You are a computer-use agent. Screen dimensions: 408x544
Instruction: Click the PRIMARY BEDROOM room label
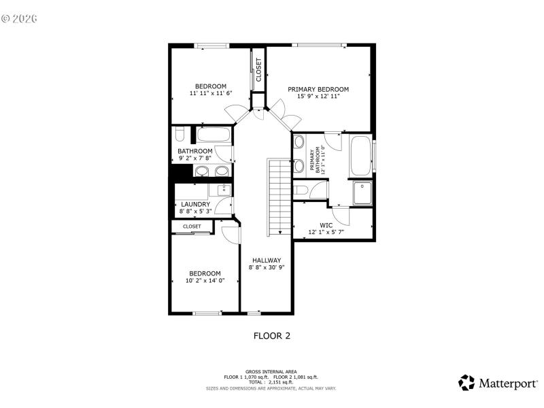318,89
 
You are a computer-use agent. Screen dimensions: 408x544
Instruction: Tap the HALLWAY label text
267,260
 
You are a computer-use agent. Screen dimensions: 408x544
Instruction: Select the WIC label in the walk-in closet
326,224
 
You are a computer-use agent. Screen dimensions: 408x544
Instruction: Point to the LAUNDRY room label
195,204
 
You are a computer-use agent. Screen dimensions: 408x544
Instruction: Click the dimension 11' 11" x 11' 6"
211,93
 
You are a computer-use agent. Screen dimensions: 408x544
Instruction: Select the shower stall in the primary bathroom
362,192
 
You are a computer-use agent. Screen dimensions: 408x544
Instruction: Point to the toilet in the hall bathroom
178,132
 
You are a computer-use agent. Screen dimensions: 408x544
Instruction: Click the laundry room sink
222,189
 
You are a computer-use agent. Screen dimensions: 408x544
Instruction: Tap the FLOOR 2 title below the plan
272,335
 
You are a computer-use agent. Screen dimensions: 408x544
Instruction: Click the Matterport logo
497,383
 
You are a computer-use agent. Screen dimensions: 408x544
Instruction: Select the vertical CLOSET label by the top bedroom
258,69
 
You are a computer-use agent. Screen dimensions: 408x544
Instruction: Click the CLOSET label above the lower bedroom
192,226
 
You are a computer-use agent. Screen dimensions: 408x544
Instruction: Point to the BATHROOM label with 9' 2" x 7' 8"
195,151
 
